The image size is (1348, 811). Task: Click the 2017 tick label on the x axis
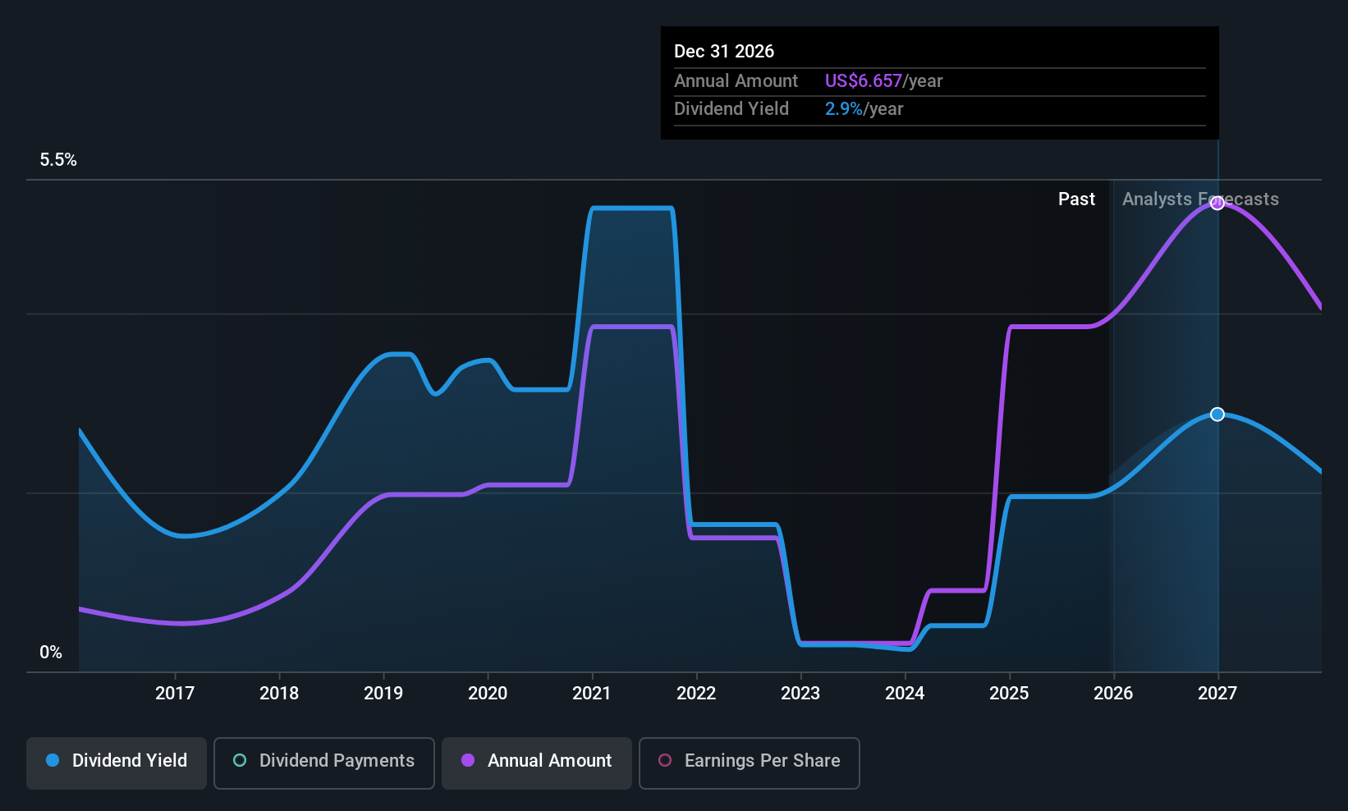[x=175, y=693]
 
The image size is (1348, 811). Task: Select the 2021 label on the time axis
[x=592, y=693]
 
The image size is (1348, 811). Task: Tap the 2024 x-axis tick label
[x=905, y=693]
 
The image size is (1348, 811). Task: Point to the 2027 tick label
[x=1217, y=693]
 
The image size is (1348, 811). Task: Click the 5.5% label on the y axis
[x=58, y=160]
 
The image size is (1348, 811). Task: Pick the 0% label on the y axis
[x=51, y=653]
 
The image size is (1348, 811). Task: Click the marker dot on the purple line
[x=1217, y=203]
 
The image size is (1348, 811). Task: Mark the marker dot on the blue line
[x=1217, y=415]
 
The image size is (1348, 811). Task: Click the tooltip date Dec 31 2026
[x=724, y=51]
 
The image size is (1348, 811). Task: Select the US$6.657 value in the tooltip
[x=863, y=80]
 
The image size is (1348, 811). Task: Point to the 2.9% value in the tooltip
[x=843, y=109]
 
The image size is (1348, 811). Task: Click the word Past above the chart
[x=1076, y=199]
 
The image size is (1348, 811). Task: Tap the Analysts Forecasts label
[x=1200, y=199]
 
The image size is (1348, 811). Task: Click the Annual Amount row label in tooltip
[x=736, y=80]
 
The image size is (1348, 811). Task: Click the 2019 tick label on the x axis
[x=383, y=693]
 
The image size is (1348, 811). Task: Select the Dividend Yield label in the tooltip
[x=731, y=109]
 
